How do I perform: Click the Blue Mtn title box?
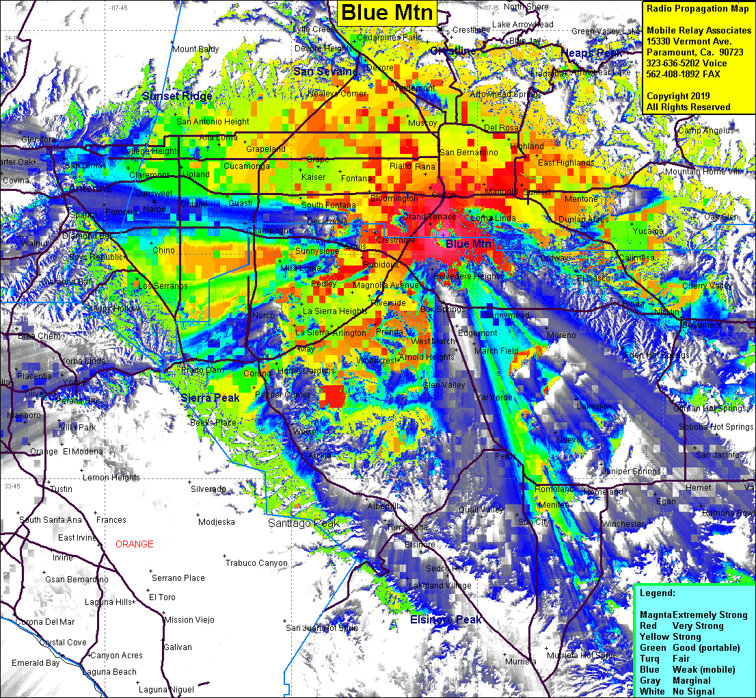pyautogui.click(x=387, y=12)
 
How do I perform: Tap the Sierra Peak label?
pyautogui.click(x=210, y=398)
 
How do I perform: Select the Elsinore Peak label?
pyautogui.click(x=446, y=619)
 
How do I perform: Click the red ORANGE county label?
pyautogui.click(x=135, y=544)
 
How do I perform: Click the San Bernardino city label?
pyautogui.click(x=468, y=152)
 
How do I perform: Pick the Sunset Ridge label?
pyautogui.click(x=177, y=96)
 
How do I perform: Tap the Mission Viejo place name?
pyautogui.click(x=189, y=620)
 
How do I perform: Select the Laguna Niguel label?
pyautogui.click(x=167, y=689)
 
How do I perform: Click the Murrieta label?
pyautogui.click(x=521, y=662)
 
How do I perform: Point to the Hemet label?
pyautogui.click(x=698, y=488)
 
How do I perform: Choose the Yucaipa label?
pyautogui.click(x=647, y=231)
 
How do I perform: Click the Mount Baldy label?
pyautogui.click(x=195, y=49)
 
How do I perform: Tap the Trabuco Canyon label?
pyautogui.click(x=256, y=563)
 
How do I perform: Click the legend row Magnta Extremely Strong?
pyautogui.click(x=693, y=615)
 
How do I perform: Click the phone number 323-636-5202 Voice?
pyautogui.click(x=686, y=64)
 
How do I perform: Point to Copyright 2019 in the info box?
pyautogui.click(x=678, y=96)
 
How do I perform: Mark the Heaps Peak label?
pyautogui.click(x=591, y=53)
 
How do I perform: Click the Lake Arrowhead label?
pyautogui.click(x=522, y=25)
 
